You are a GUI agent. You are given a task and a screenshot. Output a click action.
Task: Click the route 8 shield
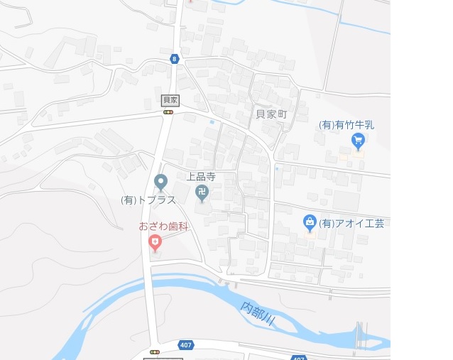coord(174,59)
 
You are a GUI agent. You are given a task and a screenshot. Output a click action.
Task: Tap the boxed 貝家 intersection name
coord(170,100)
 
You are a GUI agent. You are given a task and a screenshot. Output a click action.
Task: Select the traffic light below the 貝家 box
coord(168,111)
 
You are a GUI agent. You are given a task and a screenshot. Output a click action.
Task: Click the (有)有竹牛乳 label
coord(346,125)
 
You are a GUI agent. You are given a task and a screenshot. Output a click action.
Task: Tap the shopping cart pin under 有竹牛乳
coord(359,141)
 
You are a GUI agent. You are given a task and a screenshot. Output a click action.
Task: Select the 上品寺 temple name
coord(201,176)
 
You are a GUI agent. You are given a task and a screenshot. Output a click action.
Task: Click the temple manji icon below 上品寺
coord(202,192)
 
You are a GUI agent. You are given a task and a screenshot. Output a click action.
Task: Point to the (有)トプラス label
coord(148,200)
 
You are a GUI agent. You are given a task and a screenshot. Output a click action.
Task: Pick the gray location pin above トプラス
coord(160,182)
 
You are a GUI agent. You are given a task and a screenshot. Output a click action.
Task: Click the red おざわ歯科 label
coord(163,227)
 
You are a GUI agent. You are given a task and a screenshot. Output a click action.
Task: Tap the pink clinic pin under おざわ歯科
coord(155,244)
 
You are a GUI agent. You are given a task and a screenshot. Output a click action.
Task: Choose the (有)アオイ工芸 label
coord(351,223)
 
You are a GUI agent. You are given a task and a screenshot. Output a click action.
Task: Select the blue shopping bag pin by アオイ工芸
coord(310,222)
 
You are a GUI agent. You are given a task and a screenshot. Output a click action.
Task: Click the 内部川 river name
coord(258,313)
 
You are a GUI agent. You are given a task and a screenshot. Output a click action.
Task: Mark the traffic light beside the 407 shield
coord(154,351)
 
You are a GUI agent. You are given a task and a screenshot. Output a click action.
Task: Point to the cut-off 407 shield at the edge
coord(299,357)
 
